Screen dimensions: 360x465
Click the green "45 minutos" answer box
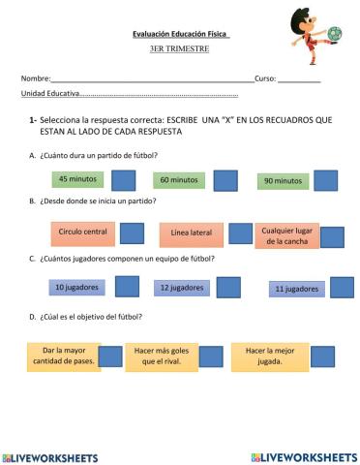[x=76, y=179]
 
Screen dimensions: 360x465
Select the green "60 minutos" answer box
[x=178, y=180]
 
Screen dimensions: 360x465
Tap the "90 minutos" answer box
[x=282, y=180]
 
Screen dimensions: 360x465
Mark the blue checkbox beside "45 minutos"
[x=123, y=180]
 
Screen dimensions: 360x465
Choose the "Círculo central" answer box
[x=82, y=232]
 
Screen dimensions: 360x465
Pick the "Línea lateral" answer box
[x=191, y=233]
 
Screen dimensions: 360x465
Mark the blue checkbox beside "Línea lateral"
[x=239, y=234]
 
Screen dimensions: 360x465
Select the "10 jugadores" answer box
[x=75, y=288]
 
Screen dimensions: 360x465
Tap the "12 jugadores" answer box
[x=180, y=288]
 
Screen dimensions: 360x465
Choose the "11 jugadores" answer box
[x=294, y=289]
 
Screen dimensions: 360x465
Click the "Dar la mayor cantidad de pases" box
[x=70, y=356]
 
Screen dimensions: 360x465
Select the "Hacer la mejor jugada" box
[x=270, y=356]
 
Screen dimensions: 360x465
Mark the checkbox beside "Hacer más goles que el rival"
[x=217, y=356]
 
